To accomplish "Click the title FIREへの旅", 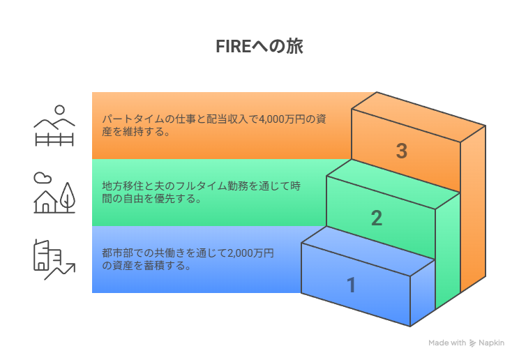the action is (259, 46).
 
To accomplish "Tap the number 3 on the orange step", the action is (402, 151).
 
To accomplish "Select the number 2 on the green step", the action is (377, 218).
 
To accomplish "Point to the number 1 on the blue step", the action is (351, 285).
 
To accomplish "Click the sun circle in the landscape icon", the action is (59, 110).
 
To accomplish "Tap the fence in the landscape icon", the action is (54, 140).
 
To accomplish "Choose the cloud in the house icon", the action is (43, 177).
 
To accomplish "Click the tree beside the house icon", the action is (68, 197).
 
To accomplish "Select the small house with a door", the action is (45, 202).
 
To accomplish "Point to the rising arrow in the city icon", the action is (60, 271).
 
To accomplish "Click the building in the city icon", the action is (47, 255).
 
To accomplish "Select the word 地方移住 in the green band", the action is (123, 186).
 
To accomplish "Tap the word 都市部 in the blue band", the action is (117, 253).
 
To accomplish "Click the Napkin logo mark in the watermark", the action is (472, 343).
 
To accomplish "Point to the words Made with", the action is (447, 343).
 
